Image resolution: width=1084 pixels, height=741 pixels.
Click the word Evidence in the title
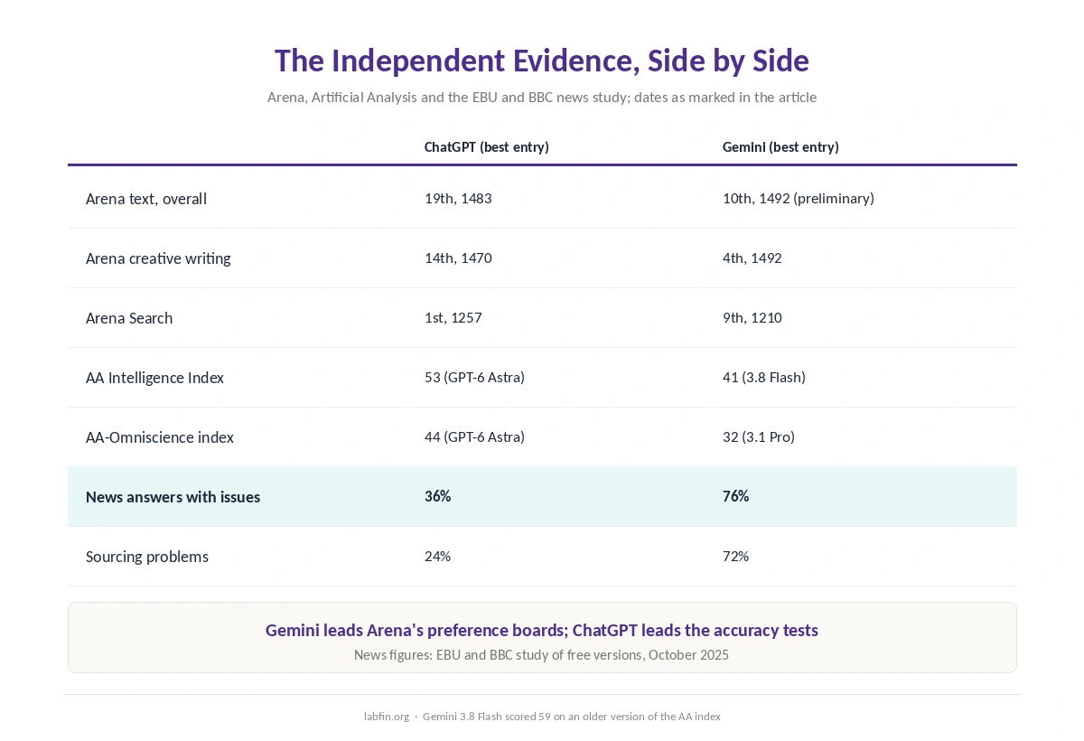pyautogui.click(x=576, y=61)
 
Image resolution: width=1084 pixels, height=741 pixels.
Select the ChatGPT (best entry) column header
pyautogui.click(x=486, y=147)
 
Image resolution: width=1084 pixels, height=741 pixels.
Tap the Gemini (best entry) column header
pyautogui.click(x=780, y=147)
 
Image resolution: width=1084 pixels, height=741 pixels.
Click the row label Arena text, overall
pyautogui.click(x=146, y=199)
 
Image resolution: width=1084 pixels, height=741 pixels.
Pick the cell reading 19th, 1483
pyautogui.click(x=458, y=199)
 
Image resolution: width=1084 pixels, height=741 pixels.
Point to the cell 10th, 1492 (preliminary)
pyautogui.click(x=799, y=199)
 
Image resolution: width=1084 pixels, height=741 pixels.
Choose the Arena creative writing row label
pyautogui.click(x=158, y=258)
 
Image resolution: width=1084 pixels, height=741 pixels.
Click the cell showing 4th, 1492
pyautogui.click(x=752, y=258)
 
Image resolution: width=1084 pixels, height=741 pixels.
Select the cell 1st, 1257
pyautogui.click(x=453, y=317)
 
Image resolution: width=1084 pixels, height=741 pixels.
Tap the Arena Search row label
pyautogui.click(x=129, y=318)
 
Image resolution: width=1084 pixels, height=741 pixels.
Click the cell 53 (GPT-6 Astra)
pyautogui.click(x=475, y=377)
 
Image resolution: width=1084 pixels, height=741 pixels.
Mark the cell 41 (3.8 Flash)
pyautogui.click(x=764, y=377)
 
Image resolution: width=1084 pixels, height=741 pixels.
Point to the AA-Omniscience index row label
pyautogui.click(x=160, y=437)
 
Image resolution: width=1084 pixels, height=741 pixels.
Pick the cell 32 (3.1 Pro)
pyautogui.click(x=759, y=437)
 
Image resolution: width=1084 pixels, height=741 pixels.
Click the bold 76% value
pyautogui.click(x=735, y=496)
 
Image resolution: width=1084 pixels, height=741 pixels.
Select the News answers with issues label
pyautogui.click(x=173, y=497)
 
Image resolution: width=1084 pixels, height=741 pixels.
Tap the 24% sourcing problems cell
pyautogui.click(x=437, y=556)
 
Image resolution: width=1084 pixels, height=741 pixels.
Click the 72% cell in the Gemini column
pyautogui.click(x=735, y=556)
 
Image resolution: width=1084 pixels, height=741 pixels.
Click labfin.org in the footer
pyautogui.click(x=387, y=717)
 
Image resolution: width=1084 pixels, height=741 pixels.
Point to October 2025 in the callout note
pyautogui.click(x=688, y=655)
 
